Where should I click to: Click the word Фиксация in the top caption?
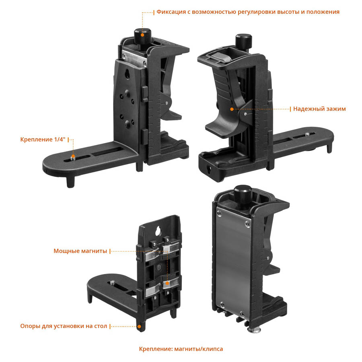171,12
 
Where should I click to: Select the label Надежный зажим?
319,109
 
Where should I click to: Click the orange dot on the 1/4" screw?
72,156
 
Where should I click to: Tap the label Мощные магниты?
80,251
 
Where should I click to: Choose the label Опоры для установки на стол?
64,326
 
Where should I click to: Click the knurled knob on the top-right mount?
243,41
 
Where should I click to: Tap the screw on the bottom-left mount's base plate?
114,283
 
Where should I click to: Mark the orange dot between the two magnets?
166,284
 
